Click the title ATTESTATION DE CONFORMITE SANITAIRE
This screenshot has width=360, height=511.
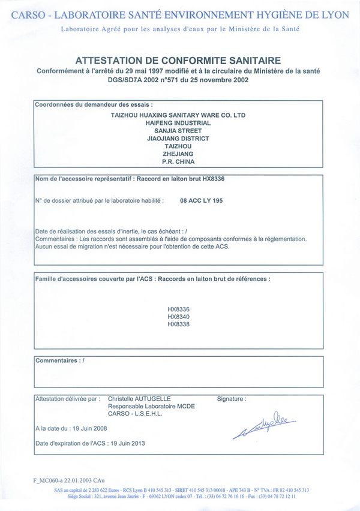pos(178,60)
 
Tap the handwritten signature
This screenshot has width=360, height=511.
pos(264,425)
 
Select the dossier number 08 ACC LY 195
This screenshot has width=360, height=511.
pos(202,201)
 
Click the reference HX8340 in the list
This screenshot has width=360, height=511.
pos(179,317)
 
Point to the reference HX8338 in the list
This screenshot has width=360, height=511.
pos(179,324)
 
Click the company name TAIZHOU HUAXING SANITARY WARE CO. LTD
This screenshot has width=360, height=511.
pos(179,114)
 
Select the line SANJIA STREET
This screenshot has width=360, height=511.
pos(178,130)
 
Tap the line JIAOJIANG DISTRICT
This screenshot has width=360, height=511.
pos(178,138)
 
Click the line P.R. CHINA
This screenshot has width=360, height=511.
pos(178,161)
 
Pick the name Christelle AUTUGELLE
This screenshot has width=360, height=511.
pos(139,398)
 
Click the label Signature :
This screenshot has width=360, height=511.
pos(231,398)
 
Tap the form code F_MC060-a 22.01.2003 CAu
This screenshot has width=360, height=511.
pos(69,480)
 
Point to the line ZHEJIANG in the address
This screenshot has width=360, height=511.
pos(178,154)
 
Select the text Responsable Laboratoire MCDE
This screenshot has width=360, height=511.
pos(151,406)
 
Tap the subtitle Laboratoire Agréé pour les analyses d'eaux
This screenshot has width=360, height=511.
pos(180,29)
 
